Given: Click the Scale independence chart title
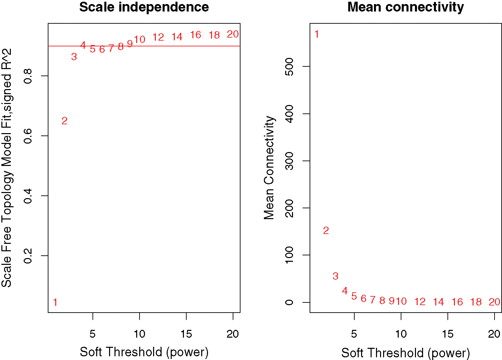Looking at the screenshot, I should [x=144, y=7].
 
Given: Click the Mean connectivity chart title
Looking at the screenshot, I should [x=405, y=7].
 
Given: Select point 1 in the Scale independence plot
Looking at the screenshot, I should [x=55, y=302].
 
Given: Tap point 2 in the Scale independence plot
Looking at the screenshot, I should [x=64, y=121].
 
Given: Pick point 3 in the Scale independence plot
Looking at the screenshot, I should [x=74, y=57].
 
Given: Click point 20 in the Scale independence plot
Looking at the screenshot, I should [x=233, y=34].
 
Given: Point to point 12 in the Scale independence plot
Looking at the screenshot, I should [x=158, y=37].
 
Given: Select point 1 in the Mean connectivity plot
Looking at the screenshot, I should [x=317, y=34].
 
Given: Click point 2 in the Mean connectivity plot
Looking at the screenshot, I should [x=326, y=231].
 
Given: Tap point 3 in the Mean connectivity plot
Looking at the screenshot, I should [x=335, y=276].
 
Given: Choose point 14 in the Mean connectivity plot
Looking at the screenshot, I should [x=438, y=302].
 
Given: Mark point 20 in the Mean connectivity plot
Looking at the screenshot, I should [x=495, y=302].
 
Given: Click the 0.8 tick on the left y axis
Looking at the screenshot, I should [x=28, y=76].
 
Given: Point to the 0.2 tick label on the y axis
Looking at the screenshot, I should [x=28, y=256].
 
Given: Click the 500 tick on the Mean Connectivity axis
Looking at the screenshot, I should [x=289, y=66].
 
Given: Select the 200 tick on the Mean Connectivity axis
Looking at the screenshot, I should [x=289, y=208].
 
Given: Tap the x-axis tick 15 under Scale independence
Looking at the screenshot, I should [x=186, y=334].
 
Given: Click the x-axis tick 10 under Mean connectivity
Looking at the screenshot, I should [x=401, y=334].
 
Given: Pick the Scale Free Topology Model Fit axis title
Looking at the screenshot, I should [x=7, y=168].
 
